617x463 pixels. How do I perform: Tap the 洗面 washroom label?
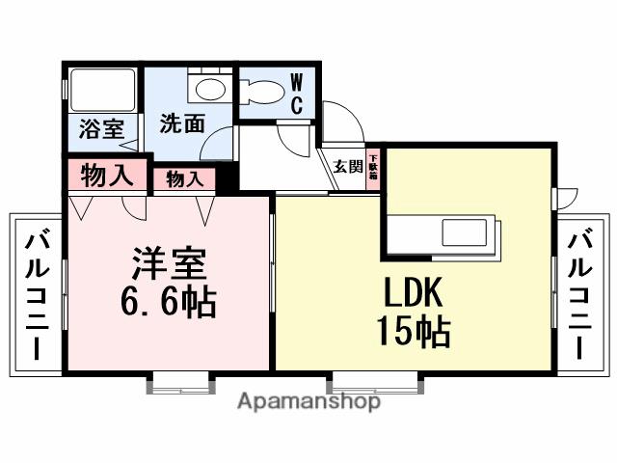181,123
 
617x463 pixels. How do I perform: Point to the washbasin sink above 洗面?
205,89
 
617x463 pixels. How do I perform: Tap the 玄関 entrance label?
348,166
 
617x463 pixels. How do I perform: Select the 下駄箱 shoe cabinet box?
373,165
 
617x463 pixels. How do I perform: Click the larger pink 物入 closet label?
105,176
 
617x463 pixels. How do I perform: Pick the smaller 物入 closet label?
184,178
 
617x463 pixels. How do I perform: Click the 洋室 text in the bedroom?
170,263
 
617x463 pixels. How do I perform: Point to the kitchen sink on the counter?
467,233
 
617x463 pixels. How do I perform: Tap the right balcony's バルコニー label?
580,294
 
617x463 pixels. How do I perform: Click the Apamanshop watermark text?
308,401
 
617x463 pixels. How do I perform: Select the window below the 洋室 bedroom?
179,383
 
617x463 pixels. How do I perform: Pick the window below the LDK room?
376,383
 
